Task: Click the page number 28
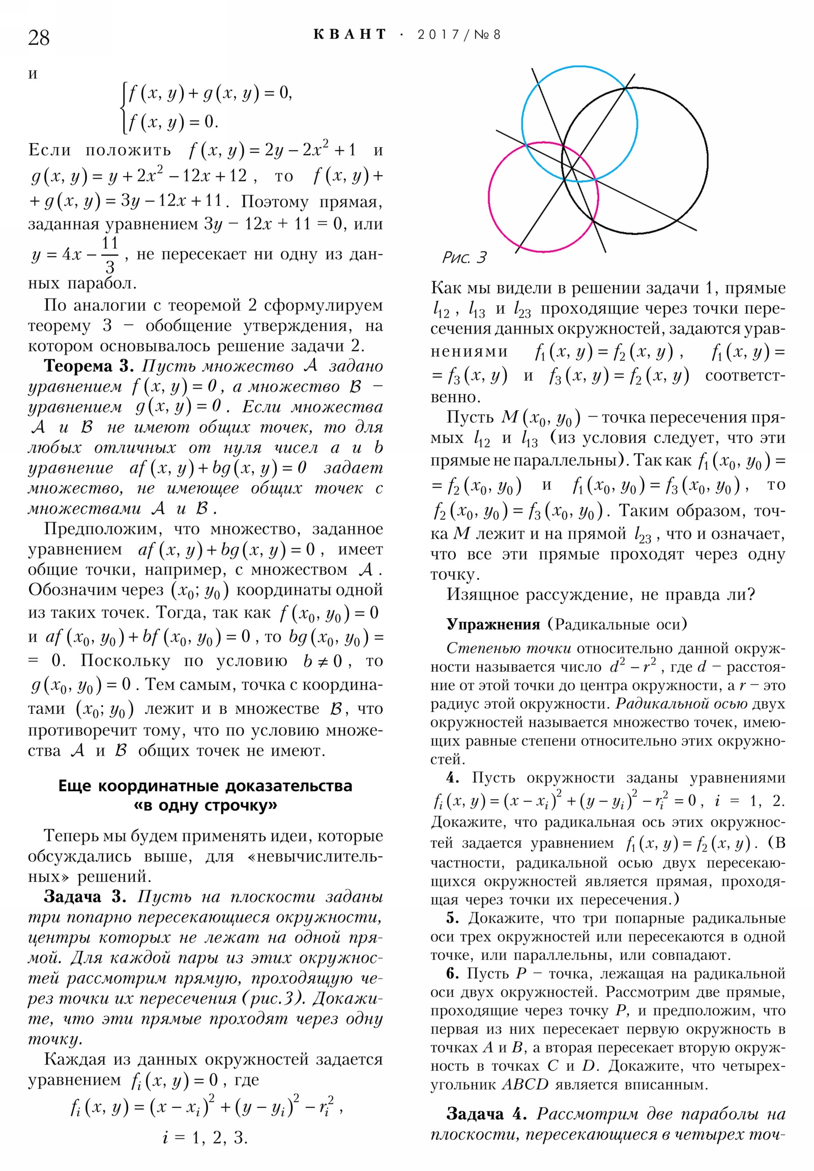[39, 38]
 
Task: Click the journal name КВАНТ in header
[349, 35]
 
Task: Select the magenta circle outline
[489, 197]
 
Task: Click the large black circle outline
[708, 161]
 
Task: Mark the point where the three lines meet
[571, 168]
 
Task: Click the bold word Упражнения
[493, 624]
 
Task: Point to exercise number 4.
[452, 778]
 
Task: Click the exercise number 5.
[452, 918]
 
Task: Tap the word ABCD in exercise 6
[525, 1084]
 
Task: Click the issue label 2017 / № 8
[459, 35]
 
